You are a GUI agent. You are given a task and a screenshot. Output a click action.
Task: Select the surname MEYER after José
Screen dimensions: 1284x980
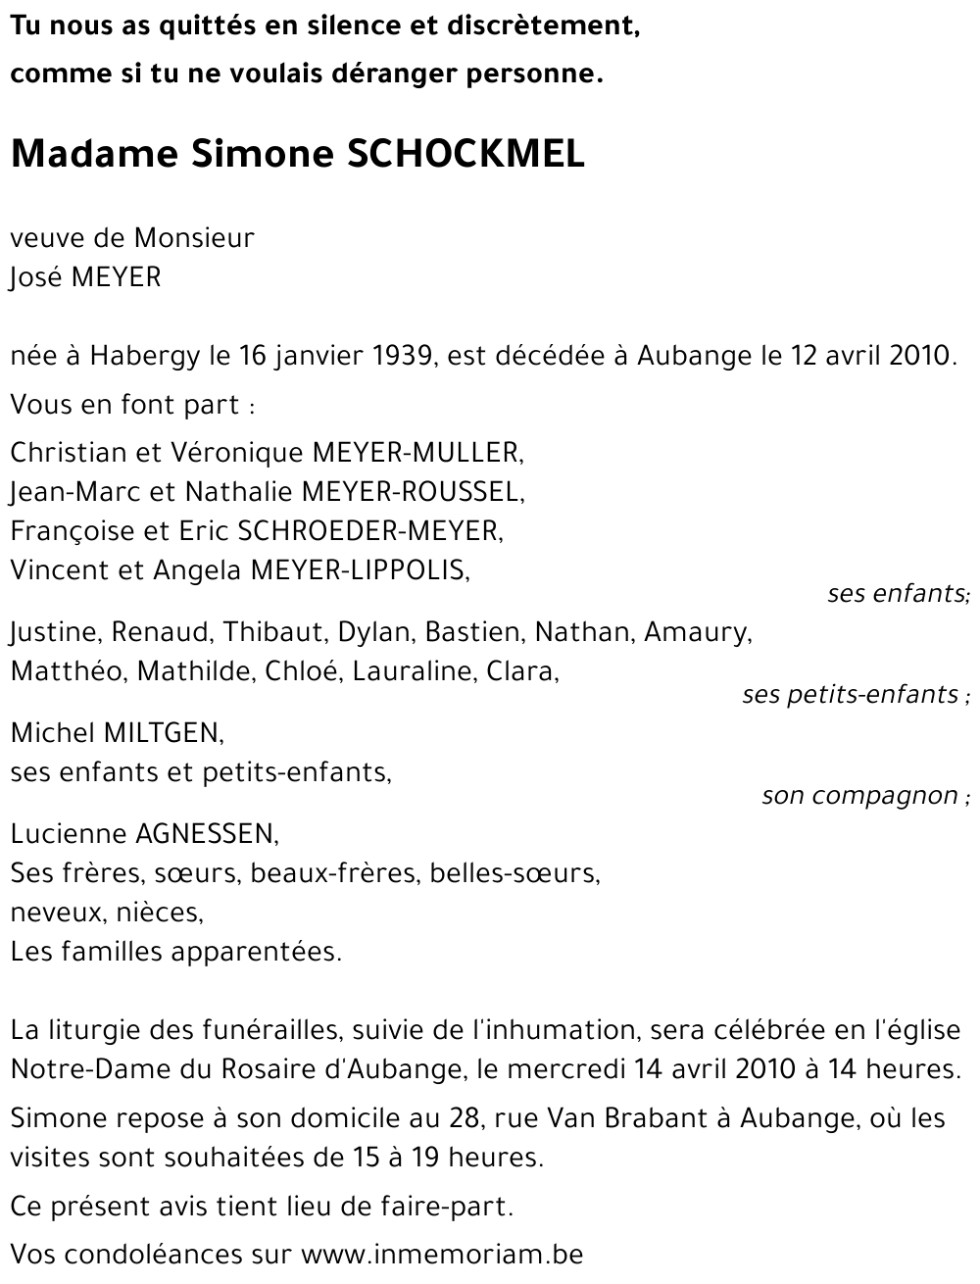coord(115,278)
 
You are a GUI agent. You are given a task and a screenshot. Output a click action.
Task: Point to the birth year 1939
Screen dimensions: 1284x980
coord(404,355)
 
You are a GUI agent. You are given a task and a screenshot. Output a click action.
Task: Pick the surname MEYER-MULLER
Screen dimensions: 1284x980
coord(415,452)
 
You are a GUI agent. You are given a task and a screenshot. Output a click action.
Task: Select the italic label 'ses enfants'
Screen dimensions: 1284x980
coord(897,594)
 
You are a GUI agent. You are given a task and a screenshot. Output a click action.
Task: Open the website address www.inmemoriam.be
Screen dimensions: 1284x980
coord(441,1254)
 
